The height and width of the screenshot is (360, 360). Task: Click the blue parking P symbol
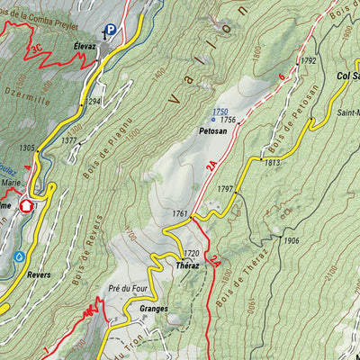111,31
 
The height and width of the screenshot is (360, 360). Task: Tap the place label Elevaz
86,43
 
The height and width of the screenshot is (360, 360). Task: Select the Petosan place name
206,130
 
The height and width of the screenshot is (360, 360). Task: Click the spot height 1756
228,120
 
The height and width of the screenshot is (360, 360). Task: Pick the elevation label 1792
310,60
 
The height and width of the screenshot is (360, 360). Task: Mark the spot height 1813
273,163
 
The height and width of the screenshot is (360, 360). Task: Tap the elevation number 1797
225,190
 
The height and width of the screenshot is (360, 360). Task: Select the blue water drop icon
18,256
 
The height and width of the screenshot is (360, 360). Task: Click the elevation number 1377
68,141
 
